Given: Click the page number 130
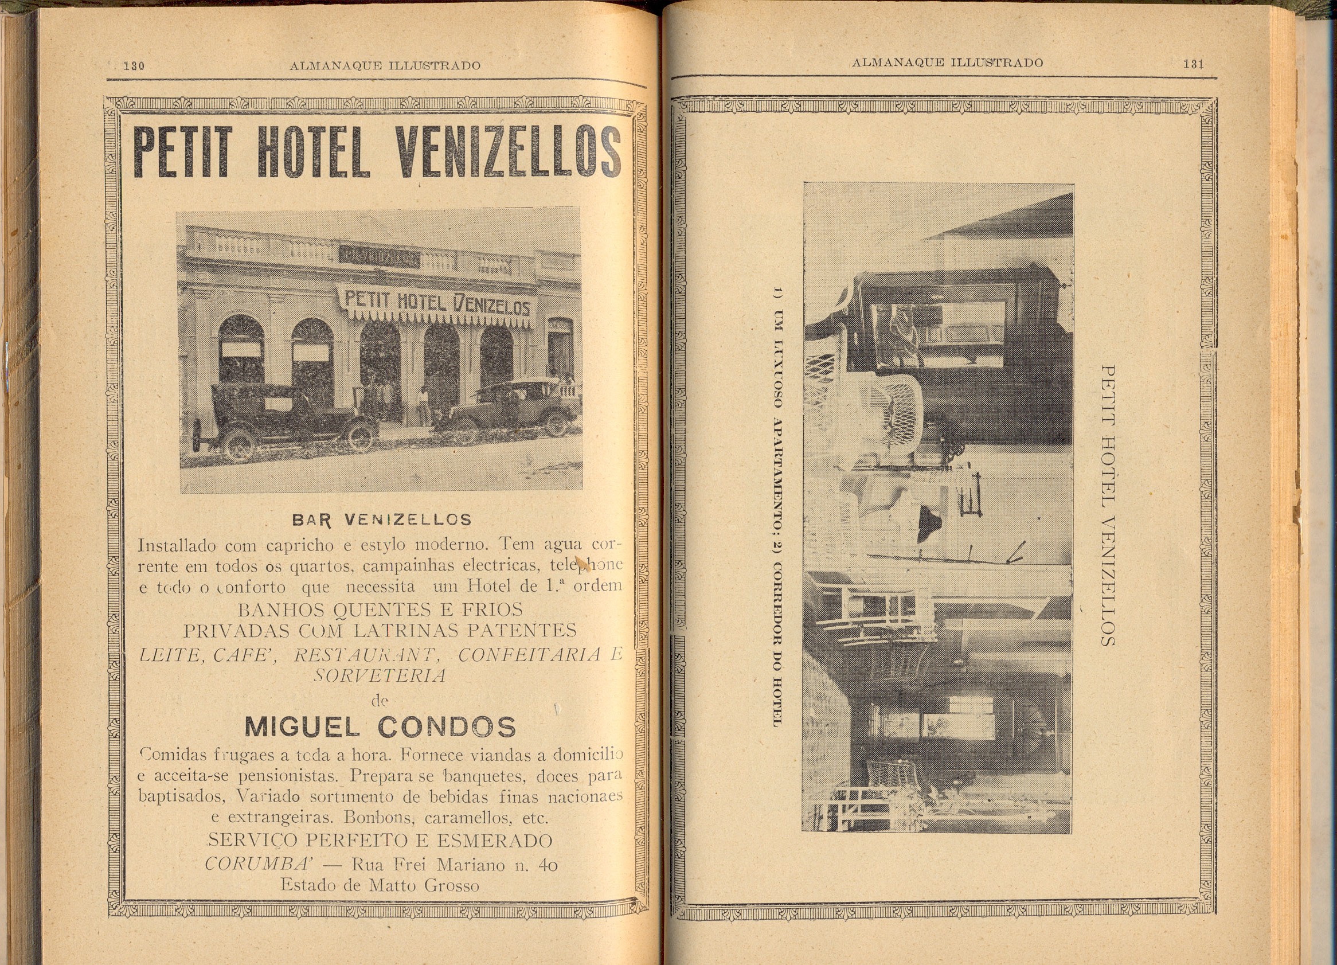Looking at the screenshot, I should [134, 65].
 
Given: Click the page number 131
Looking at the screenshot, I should [1193, 64].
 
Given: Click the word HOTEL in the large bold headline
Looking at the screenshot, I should [311, 152].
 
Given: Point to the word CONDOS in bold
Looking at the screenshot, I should [446, 728].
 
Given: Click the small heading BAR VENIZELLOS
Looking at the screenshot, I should [381, 520].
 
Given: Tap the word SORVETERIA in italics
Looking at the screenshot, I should [379, 675].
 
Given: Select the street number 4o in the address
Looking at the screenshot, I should [548, 865].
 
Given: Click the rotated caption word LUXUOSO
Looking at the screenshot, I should [776, 374].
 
